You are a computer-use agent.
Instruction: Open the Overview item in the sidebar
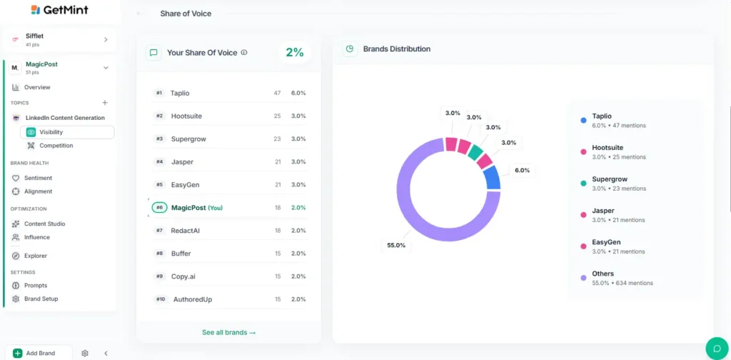(37, 87)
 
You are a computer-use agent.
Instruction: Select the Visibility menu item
(51, 132)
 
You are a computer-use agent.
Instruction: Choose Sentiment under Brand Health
(38, 178)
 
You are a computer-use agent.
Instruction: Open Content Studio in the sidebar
(44, 224)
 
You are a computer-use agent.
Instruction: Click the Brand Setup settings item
(41, 299)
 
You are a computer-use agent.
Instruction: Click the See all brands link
(228, 332)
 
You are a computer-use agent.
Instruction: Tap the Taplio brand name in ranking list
(180, 93)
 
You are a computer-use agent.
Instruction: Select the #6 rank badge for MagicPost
(159, 208)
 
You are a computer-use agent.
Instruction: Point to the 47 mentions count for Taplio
(277, 93)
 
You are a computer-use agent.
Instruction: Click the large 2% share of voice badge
(294, 52)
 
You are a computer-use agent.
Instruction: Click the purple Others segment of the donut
(414, 214)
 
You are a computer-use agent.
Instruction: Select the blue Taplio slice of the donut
(492, 178)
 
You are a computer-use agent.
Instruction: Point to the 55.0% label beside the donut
(396, 245)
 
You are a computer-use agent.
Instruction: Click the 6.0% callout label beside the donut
(523, 170)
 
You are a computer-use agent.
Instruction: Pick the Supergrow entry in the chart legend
(609, 179)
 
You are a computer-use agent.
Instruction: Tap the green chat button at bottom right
(717, 348)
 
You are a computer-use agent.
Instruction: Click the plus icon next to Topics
(105, 103)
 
